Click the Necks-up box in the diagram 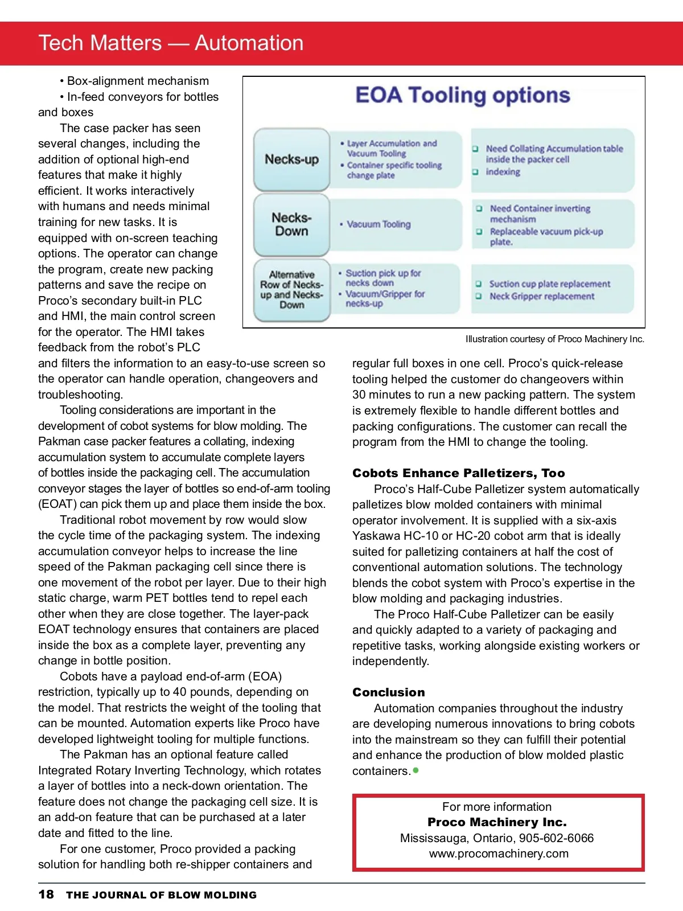click(291, 159)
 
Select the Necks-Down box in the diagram click(291, 225)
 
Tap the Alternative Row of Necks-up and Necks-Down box click(291, 290)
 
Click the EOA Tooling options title click(462, 96)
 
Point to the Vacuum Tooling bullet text click(378, 224)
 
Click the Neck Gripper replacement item click(541, 297)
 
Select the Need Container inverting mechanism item click(540, 214)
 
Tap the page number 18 click(46, 894)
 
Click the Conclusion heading click(389, 692)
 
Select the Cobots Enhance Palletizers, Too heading click(459, 473)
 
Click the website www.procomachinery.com click(499, 853)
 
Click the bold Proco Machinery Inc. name click(497, 822)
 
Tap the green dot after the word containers click(416, 770)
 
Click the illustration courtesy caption click(555, 339)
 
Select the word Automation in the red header click(249, 43)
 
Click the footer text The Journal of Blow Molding click(161, 895)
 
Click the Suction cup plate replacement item click(549, 284)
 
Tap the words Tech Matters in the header click(100, 43)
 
